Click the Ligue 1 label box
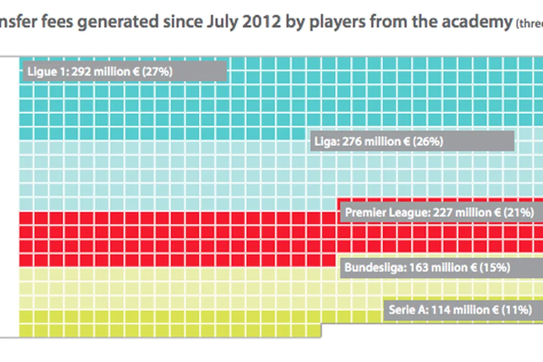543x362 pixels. coord(124,71)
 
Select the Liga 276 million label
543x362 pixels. coord(412,141)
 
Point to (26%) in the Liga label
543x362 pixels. coord(427,141)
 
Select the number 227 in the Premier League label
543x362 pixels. coord(443,212)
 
